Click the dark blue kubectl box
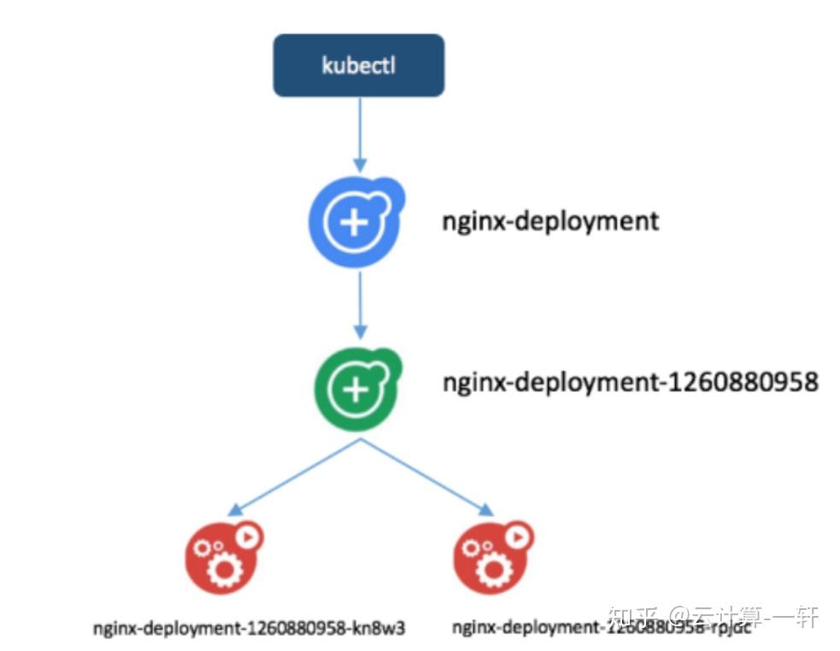point(358,65)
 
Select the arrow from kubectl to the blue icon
point(360,132)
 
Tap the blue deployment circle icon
point(354,222)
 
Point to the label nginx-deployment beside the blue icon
point(550,220)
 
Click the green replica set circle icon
point(355,388)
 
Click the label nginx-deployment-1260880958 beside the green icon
point(630,381)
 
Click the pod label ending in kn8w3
point(249,628)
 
